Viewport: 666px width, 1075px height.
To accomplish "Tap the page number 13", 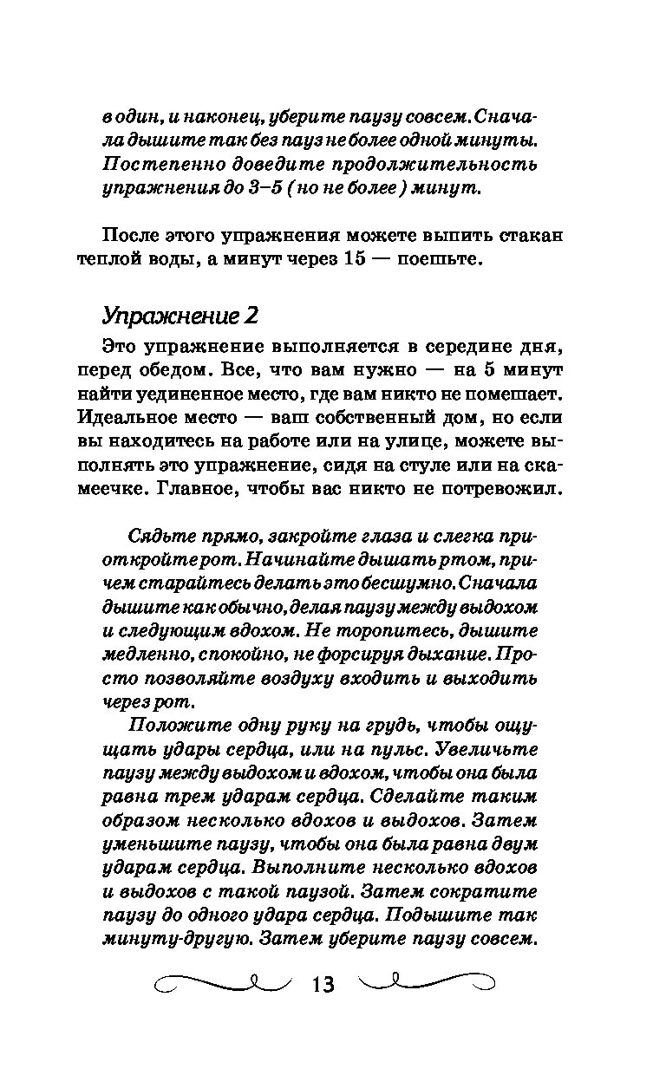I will tap(322, 985).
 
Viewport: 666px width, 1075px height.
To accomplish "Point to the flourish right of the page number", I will tap(427, 984).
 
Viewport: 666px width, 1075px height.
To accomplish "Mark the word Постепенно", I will tap(153, 164).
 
